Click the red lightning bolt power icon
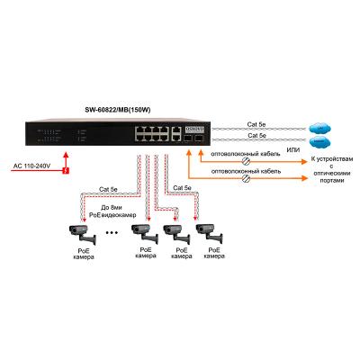click(66, 168)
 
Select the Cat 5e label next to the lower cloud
click(256, 137)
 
